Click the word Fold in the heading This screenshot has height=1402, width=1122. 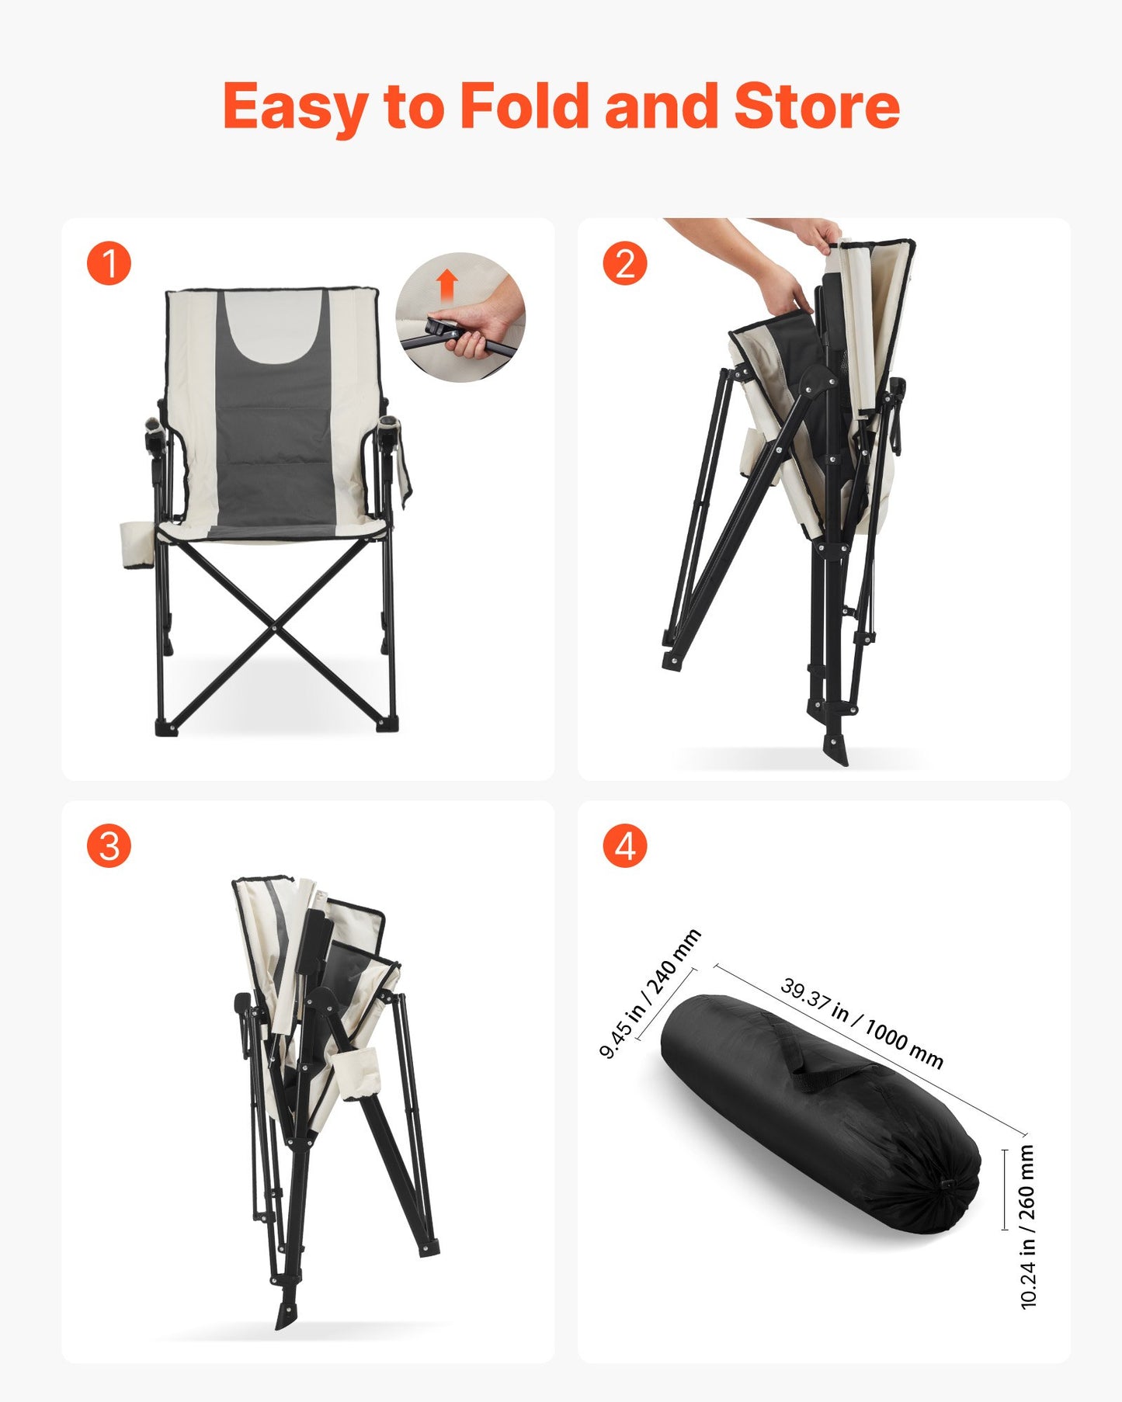[525, 106]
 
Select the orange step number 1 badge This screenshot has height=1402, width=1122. [109, 263]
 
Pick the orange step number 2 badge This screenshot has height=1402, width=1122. [625, 263]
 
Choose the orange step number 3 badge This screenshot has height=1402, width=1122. [109, 845]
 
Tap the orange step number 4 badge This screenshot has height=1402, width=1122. [625, 845]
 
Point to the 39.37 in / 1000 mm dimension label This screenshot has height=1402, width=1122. [862, 1023]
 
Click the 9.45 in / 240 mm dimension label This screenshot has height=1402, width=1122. [650, 994]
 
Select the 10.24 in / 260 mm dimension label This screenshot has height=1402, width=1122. [1027, 1227]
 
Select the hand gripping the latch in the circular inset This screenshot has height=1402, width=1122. [481, 326]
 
